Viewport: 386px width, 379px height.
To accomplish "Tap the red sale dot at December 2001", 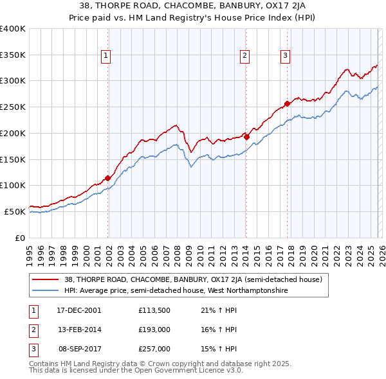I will point(107,179).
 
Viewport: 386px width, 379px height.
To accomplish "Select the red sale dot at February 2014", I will point(246,137).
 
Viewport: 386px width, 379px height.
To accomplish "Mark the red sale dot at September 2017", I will point(287,103).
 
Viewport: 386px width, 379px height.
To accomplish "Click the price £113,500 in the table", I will point(153,310).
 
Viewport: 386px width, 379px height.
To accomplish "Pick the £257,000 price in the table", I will point(154,349).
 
